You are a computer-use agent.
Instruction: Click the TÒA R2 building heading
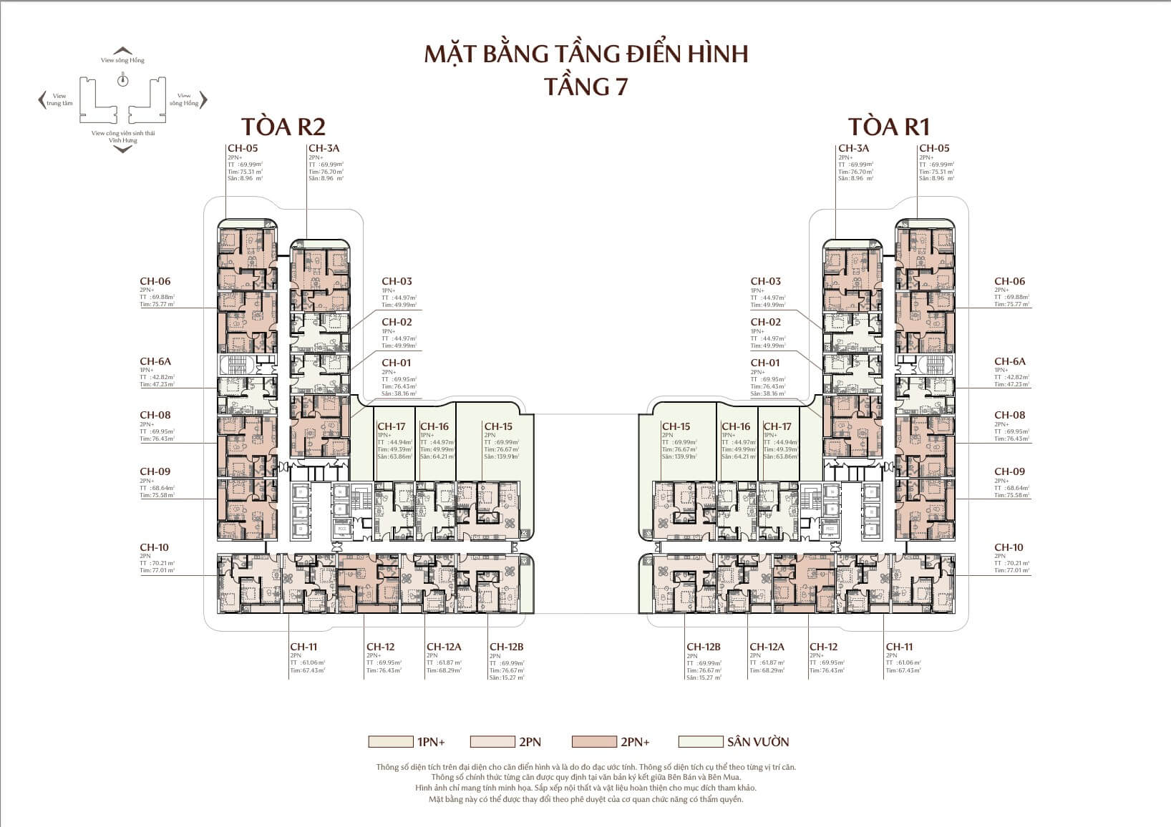coord(283,126)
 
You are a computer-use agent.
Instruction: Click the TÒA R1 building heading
coord(888,126)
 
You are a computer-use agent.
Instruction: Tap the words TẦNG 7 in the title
coord(585,86)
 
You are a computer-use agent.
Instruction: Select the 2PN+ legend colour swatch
coord(594,742)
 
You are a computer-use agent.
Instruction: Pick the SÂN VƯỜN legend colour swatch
coord(700,742)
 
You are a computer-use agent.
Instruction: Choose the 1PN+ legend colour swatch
coord(390,742)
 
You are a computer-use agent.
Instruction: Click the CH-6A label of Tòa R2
coord(155,362)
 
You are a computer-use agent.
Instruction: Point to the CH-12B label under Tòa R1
coord(703,647)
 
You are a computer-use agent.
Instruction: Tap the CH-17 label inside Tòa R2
coord(391,426)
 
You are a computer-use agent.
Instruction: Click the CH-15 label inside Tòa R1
coord(676,426)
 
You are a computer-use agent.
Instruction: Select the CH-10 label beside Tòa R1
coord(1009,547)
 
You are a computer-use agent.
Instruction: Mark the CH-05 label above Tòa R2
coord(241,148)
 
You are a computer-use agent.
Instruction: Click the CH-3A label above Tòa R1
coord(853,148)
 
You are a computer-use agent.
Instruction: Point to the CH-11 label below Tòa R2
coord(303,647)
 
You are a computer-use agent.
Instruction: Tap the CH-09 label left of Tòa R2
coord(155,471)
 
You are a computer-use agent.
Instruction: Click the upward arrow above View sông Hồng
coord(124,50)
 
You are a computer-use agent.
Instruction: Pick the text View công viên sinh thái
coord(123,134)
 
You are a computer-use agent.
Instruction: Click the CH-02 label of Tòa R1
coord(765,322)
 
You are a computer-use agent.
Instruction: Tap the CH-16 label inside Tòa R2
coord(434,426)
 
